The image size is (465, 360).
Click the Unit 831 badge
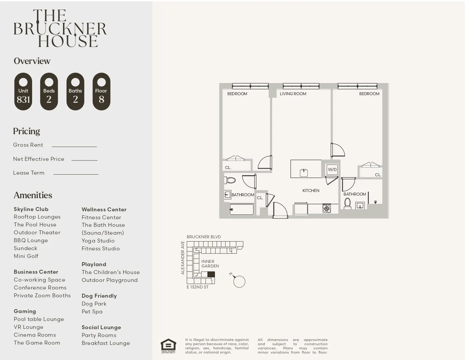[23, 92]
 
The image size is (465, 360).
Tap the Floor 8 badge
[101, 92]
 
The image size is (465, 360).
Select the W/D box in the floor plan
[332, 170]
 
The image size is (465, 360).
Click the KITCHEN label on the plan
[311, 190]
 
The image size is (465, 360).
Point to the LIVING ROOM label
[293, 94]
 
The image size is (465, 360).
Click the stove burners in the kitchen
[327, 208]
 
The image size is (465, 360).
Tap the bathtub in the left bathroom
[242, 209]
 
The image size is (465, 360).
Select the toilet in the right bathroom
[347, 203]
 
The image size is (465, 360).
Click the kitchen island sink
[304, 172]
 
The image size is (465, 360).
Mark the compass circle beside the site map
[239, 282]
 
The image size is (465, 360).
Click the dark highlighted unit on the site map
[211, 274]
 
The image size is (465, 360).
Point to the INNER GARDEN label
[210, 264]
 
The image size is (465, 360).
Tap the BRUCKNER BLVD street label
[203, 237]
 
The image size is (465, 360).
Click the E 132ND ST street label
[197, 287]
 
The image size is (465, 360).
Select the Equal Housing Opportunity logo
[168, 346]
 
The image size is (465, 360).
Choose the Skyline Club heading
[31, 209]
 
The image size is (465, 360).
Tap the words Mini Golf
[26, 256]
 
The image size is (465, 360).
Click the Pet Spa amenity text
[92, 311]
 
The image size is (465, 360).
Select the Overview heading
[32, 61]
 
